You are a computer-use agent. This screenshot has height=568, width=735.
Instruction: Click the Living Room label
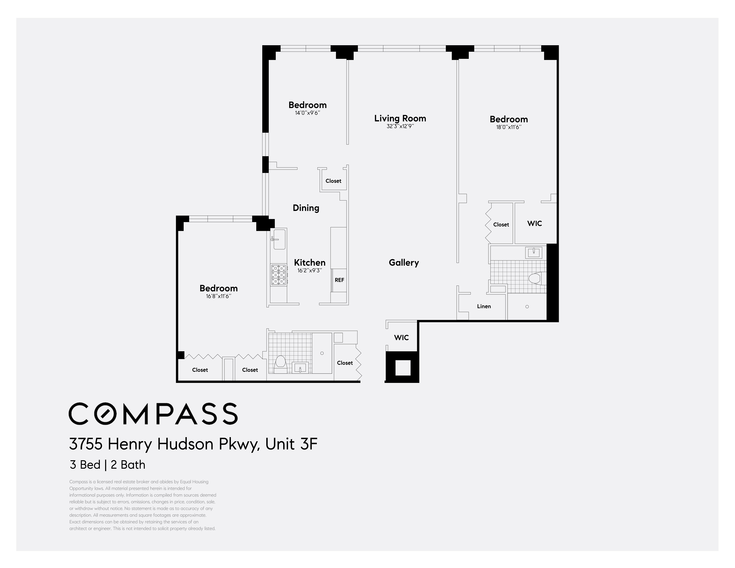pos(400,119)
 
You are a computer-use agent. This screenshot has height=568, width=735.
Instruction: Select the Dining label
pos(306,208)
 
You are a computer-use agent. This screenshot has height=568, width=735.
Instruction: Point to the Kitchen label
pos(310,263)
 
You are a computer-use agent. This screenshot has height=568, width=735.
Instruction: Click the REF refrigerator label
pos(339,280)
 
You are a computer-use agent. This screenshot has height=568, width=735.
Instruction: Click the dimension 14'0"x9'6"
pos(307,113)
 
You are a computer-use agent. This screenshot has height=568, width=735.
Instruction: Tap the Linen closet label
pos(484,306)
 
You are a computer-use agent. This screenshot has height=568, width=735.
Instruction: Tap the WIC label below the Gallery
pos(401,337)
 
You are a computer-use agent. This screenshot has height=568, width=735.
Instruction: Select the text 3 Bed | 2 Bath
pos(107,465)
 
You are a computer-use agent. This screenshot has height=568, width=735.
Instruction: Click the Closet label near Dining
pos(333,181)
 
